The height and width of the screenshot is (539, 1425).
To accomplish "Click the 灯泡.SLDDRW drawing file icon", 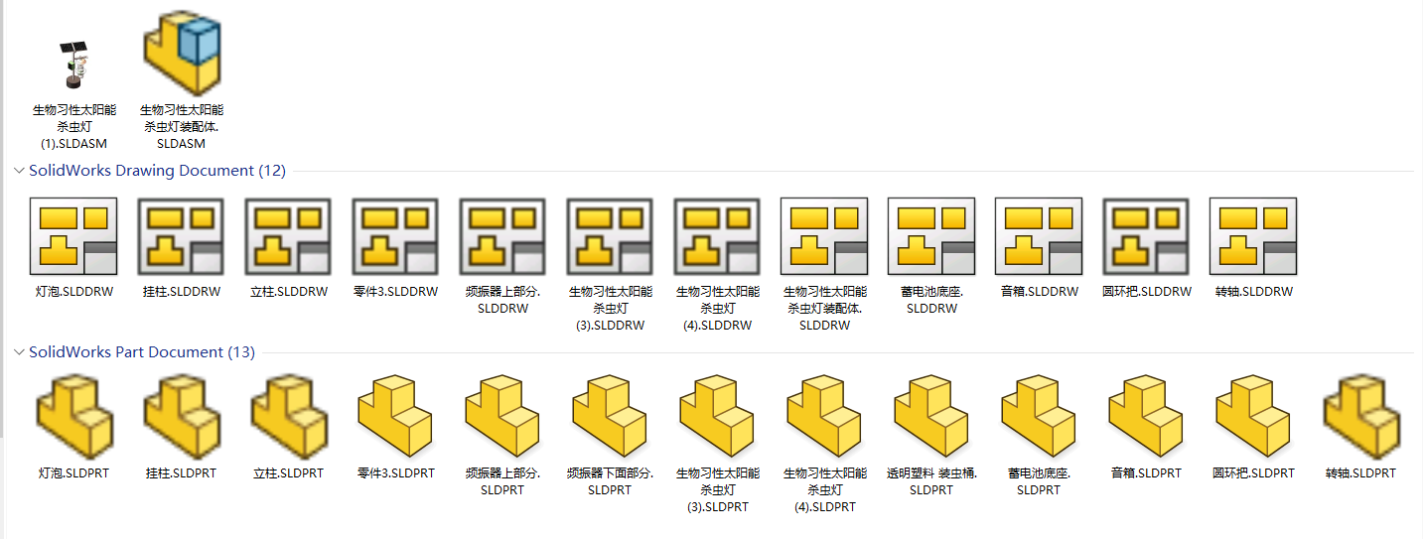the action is coord(73,236).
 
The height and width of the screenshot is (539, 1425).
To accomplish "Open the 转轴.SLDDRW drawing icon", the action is coord(1253,236).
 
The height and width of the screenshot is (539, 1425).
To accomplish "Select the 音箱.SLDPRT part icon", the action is coord(1146,416).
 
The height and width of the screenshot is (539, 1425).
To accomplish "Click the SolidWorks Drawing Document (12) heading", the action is coord(157,171).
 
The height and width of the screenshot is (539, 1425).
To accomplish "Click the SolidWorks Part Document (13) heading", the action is coord(142,352).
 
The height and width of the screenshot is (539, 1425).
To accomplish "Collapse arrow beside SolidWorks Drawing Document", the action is coord(19,171).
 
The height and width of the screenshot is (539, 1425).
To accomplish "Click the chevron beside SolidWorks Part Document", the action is coord(19,352).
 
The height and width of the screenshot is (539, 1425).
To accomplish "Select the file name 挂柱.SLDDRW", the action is coord(182,292).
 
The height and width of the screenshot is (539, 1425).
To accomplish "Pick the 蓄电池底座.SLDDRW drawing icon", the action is coord(931,236).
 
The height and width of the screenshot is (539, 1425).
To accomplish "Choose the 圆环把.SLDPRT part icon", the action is coord(1252,416).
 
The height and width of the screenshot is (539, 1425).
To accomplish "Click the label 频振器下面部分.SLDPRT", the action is coord(610,481).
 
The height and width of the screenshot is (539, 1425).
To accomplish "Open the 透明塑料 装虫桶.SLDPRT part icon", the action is coord(931,416).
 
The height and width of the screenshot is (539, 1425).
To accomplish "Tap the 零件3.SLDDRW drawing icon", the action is coord(395,236).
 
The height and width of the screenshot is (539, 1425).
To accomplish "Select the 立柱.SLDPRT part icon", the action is coord(289,416).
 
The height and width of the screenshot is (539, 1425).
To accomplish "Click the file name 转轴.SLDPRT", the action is coord(1360,473).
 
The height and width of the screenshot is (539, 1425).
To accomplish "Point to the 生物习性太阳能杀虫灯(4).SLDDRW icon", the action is coord(717,236).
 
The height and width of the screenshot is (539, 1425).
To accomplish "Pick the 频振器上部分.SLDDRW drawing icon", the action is coord(502,236).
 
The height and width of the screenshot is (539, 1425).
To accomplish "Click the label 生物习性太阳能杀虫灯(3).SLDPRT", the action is coord(718,490).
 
